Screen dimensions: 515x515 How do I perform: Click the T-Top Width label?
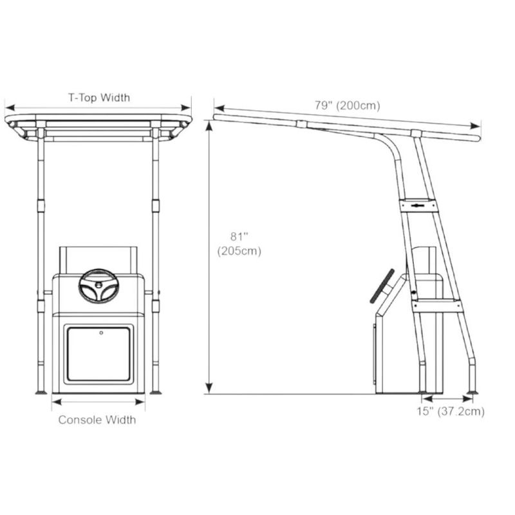pos(99,98)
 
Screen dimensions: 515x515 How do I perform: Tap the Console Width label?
pos(97,420)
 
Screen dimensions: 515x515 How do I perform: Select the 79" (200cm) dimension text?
pos(348,106)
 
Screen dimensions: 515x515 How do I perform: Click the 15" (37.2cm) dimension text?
pos(451,411)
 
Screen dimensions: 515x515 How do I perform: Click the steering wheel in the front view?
pos(99,286)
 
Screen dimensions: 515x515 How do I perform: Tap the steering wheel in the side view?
pos(382,286)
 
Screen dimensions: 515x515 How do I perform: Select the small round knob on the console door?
pos(101,333)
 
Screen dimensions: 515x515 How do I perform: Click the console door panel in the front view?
pos(98,354)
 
